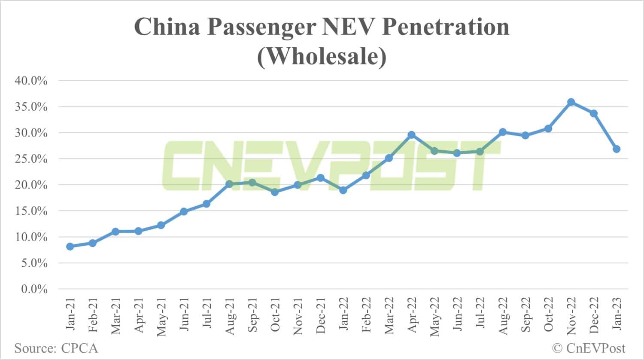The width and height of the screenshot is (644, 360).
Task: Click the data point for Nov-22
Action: pos(571,102)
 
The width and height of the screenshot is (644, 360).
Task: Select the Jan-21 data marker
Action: pos(70,247)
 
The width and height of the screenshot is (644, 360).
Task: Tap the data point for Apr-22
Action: pos(411,135)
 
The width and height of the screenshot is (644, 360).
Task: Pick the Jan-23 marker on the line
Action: pos(617,149)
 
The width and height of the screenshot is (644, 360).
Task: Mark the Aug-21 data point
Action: pos(229,184)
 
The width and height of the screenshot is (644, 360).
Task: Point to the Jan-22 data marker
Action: pos(343,190)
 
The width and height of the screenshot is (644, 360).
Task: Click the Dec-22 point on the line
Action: pos(594,113)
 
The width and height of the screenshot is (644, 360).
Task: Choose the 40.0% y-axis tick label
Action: pos(31,81)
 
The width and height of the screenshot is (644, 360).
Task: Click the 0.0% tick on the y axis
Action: pos(34,289)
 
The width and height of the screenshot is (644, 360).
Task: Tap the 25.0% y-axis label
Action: pos(31,159)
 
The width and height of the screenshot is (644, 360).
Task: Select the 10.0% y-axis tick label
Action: pos(31,237)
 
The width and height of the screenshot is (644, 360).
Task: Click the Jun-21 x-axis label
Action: pos(184,314)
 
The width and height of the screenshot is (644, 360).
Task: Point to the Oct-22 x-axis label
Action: pos(548,315)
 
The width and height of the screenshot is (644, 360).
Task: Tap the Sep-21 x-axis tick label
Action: pos(252,315)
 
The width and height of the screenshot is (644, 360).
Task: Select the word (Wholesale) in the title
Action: pos(322,56)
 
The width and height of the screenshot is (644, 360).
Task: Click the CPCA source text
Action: pos(79,348)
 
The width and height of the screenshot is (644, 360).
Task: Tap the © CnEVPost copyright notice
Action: pos(589,348)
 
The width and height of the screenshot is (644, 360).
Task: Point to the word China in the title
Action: pos(167,27)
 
